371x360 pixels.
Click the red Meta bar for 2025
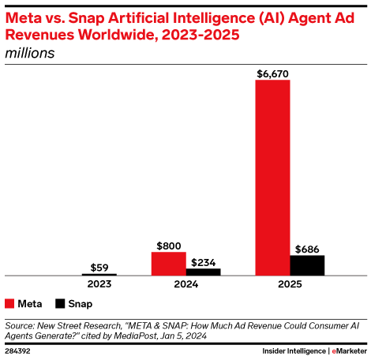click(272, 178)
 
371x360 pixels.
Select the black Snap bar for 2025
click(307, 265)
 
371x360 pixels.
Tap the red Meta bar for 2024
click(168, 264)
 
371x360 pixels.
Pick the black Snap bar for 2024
click(203, 272)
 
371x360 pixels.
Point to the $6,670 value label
click(272, 73)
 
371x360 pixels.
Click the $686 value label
click(307, 249)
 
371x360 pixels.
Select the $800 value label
click(168, 246)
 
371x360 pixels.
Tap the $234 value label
click(203, 262)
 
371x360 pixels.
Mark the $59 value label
click(99, 268)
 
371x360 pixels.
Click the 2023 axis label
click(99, 283)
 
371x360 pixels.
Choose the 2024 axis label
click(185, 283)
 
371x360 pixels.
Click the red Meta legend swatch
click(9, 303)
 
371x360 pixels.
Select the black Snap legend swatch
click(61, 303)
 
